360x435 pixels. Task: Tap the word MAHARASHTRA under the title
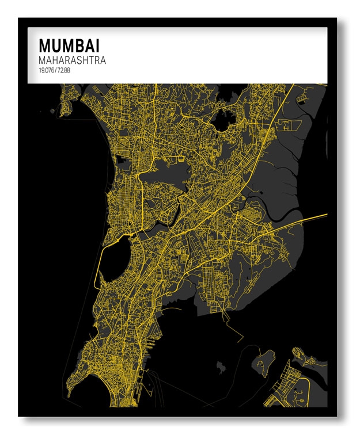72,60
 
